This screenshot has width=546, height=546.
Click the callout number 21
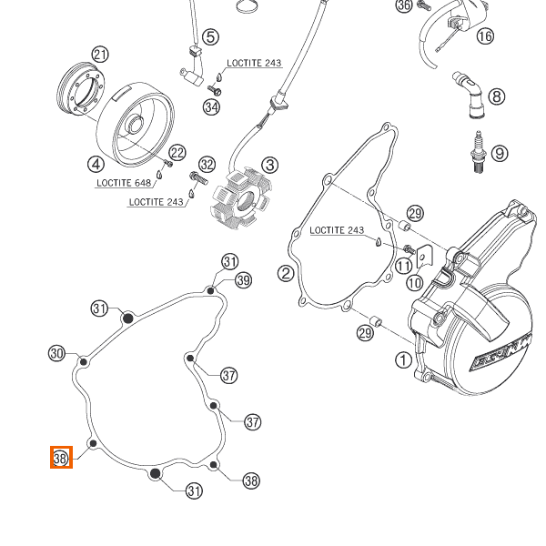tap(100, 55)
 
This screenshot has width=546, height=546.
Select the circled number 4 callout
tap(96, 164)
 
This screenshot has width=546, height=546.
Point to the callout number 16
tap(484, 35)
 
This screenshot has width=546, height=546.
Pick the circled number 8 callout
tap(496, 96)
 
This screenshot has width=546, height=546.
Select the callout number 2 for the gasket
tap(285, 273)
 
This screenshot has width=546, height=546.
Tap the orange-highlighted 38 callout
tap(61, 458)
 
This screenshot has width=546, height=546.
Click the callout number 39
tap(243, 279)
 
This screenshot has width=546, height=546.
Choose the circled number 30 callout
tap(56, 353)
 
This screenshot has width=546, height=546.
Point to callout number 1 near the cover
tap(403, 359)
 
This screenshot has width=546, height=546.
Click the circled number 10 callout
tap(414, 283)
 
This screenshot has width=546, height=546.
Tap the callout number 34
tap(211, 107)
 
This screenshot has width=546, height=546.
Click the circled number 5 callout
tap(210, 36)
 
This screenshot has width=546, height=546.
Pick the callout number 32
tap(207, 165)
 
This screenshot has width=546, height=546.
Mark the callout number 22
tap(177, 153)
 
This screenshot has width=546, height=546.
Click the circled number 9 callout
tap(500, 153)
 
